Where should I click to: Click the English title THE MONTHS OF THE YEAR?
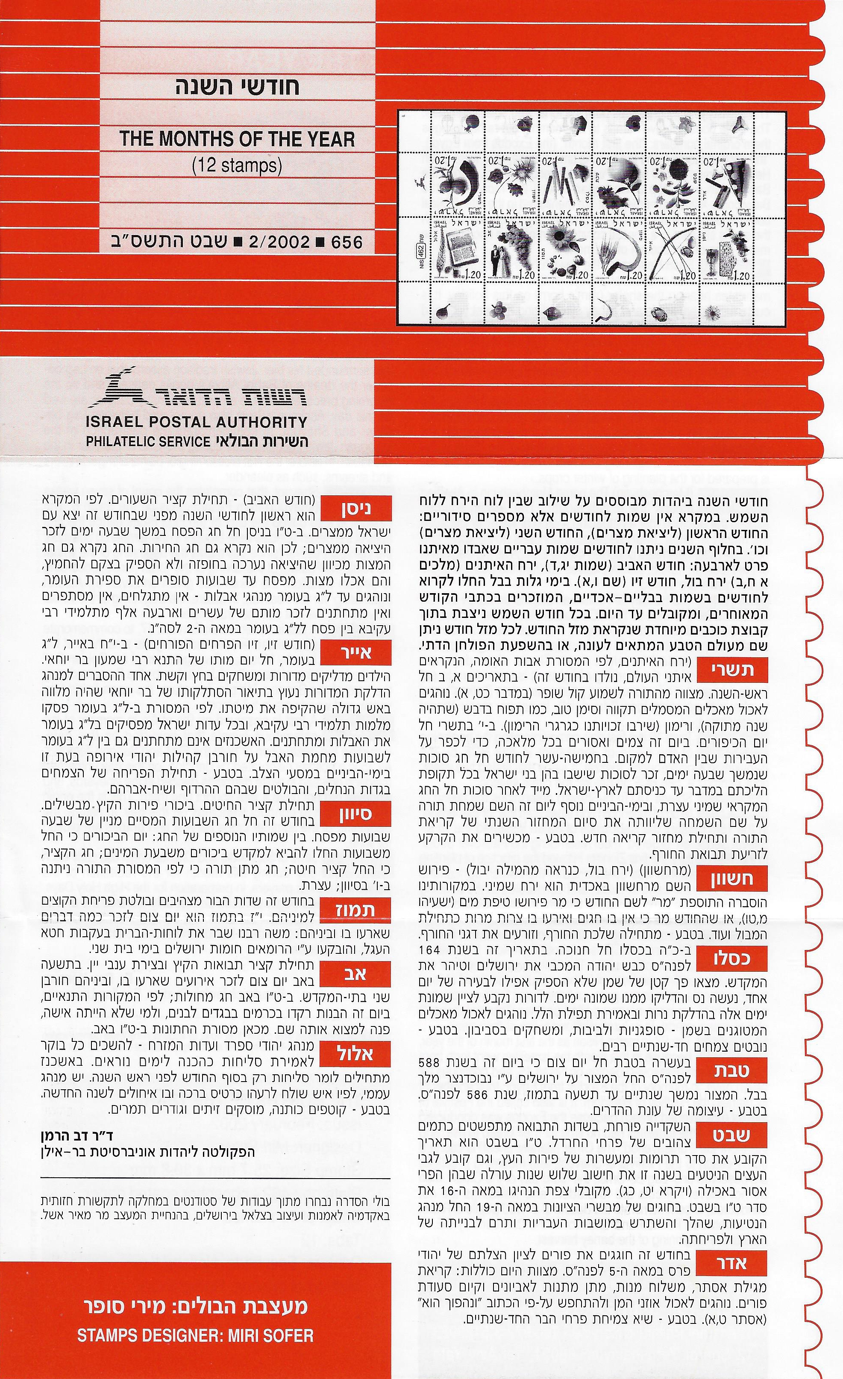(x=237, y=139)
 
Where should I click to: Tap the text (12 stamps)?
(x=237, y=166)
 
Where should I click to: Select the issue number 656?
(x=347, y=242)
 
